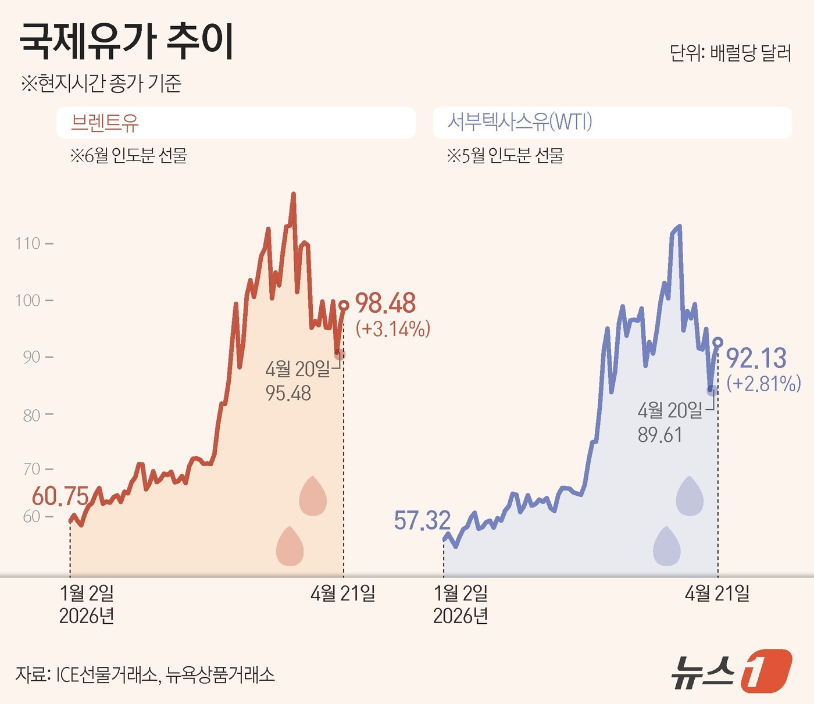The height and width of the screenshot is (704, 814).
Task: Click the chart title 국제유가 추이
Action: [x=127, y=42]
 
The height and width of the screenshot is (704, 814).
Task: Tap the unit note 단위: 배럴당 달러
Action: [x=730, y=53]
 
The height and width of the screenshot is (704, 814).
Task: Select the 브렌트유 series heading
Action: [x=105, y=123]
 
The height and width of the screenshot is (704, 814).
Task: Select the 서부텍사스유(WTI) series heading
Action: [x=519, y=122]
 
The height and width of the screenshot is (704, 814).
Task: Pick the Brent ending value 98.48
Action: [x=385, y=303]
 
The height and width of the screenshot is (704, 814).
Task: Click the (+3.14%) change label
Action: [x=393, y=329]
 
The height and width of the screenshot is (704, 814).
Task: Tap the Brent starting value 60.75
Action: [x=60, y=496]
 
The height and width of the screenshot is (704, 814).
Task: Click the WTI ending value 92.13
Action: [x=756, y=358]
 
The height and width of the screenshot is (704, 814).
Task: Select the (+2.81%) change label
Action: [x=763, y=384]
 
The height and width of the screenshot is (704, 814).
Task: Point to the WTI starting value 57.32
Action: [x=422, y=520]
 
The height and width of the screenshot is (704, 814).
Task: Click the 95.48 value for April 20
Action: [x=288, y=394]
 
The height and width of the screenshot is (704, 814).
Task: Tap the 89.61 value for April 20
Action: [x=660, y=435]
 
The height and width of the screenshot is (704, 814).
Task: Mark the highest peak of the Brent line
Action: [x=293, y=194]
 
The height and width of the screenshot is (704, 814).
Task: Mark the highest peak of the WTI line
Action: [x=680, y=226]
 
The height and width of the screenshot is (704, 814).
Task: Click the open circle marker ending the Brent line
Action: [x=344, y=305]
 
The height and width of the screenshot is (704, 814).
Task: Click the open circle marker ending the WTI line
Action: [x=717, y=342]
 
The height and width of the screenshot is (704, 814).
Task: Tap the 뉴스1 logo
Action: [x=731, y=671]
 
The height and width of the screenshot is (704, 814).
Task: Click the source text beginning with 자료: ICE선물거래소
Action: [x=145, y=674]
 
